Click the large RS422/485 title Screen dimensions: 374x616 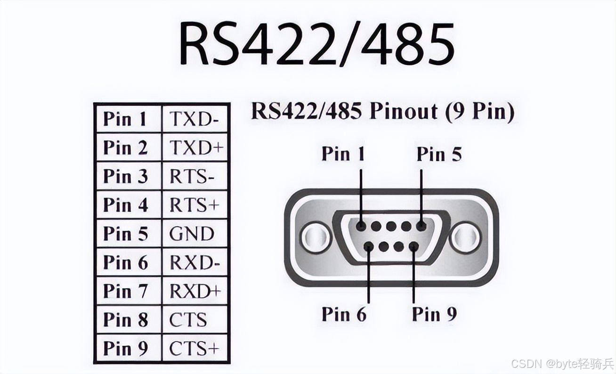tap(316, 43)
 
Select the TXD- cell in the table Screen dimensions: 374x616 tap(195, 119)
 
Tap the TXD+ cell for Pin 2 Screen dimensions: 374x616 tap(195, 148)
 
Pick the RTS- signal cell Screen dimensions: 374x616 tap(193, 177)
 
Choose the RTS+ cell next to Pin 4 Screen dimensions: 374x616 tap(195, 205)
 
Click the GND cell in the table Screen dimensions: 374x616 tap(192, 234)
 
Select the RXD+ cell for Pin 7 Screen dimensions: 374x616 tap(195, 291)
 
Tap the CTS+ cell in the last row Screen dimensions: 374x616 tap(195, 349)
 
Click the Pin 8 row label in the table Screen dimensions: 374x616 tap(126, 320)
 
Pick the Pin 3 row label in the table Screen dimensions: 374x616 tap(126, 177)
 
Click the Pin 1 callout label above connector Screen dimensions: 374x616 tap(343, 154)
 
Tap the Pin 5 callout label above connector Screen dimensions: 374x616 tap(439, 154)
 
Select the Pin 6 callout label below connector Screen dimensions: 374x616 tap(344, 314)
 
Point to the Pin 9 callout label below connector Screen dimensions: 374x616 tap(434, 314)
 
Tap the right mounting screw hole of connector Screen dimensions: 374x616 tap(465, 237)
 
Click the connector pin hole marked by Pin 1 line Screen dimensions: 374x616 tap(361, 226)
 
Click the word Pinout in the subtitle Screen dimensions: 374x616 tap(403, 112)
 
